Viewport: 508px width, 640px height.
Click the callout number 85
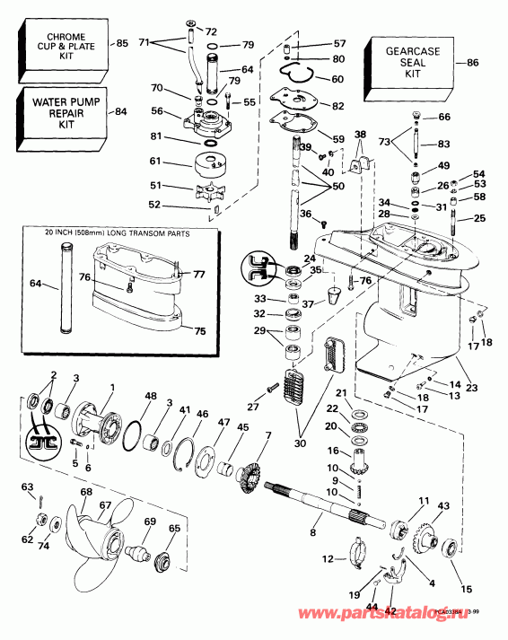tap(122, 43)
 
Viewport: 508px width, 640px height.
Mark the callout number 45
tap(241, 426)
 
